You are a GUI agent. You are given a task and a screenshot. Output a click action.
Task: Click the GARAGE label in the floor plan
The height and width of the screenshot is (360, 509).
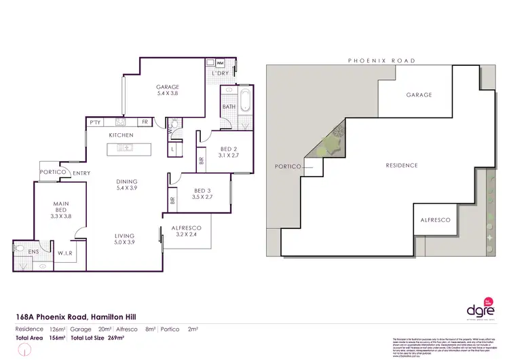[168, 87]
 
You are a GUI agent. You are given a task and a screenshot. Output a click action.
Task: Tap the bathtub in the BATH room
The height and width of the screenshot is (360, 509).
[245, 105]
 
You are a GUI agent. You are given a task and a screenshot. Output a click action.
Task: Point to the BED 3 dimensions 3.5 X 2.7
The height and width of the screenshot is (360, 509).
[203, 197]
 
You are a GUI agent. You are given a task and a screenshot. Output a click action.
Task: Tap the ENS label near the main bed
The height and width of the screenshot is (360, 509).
[34, 251]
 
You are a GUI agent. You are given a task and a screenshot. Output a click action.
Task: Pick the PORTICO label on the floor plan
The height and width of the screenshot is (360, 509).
[52, 173]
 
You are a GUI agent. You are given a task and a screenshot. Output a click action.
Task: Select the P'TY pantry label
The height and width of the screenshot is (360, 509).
[95, 122]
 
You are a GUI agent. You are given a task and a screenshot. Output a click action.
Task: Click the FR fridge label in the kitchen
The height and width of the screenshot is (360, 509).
[145, 122]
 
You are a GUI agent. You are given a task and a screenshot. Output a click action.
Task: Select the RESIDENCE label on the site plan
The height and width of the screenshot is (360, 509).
[401, 165]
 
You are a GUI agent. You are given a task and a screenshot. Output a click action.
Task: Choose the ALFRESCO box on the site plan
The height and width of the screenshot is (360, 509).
[435, 220]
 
